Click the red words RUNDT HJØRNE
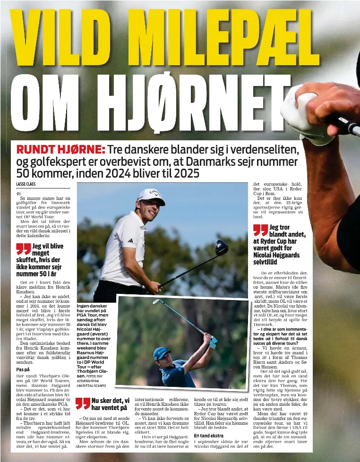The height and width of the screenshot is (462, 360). pos(60,150)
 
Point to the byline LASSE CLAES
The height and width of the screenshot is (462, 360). pos(26,184)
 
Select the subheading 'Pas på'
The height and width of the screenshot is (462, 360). pos(23,369)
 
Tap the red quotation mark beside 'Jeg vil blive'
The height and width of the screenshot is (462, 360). pos(23,248)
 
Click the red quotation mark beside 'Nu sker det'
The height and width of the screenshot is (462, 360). pos(83,403)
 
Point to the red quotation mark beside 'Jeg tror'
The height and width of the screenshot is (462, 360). pos(260,230)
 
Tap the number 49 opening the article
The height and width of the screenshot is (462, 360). pos(19,193)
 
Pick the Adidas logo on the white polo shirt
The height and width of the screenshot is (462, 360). pos(130,240)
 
